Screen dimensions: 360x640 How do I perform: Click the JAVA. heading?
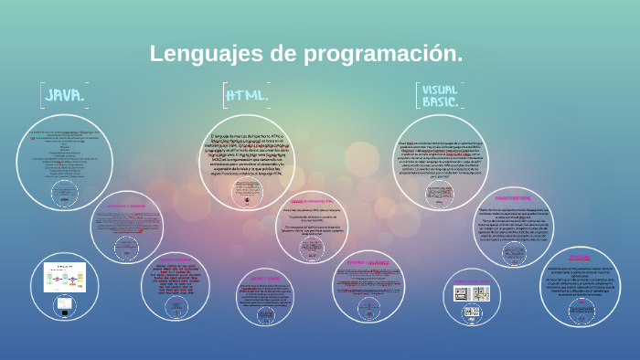[66, 95]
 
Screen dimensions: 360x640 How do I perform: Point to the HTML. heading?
[247, 95]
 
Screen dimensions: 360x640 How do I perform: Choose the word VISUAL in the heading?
[440, 90]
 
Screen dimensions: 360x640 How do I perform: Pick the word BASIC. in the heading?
[440, 102]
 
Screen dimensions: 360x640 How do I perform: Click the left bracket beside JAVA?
[41, 95]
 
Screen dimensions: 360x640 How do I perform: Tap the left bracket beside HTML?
[225, 95]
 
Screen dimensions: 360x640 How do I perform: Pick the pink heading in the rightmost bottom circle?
[579, 258]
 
